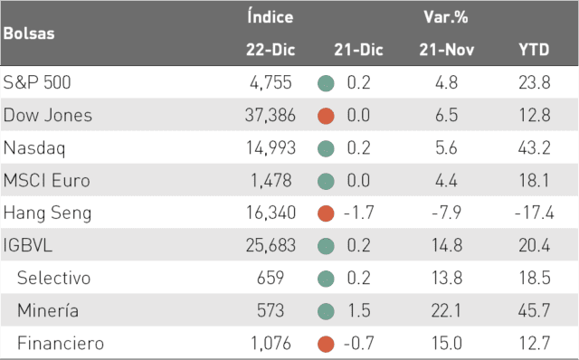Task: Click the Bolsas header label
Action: (x=29, y=33)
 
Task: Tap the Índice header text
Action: (x=271, y=16)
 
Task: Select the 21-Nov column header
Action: (x=446, y=50)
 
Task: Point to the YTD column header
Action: (x=534, y=50)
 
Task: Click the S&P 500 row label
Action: (x=37, y=82)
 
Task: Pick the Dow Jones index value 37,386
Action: (x=271, y=115)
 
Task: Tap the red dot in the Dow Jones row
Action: (x=326, y=116)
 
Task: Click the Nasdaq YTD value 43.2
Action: (x=534, y=147)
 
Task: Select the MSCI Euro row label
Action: (x=46, y=181)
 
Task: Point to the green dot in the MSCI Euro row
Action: (x=326, y=181)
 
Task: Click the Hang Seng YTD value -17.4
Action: (x=534, y=213)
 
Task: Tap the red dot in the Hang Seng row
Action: (x=326, y=213)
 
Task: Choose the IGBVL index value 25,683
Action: (x=271, y=245)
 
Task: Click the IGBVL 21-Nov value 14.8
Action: (x=447, y=245)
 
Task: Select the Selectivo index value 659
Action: (x=271, y=278)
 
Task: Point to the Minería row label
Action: (x=48, y=309)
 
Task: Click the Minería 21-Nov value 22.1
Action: (x=446, y=310)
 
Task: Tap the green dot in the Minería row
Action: (x=326, y=311)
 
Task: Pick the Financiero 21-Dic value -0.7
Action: (x=358, y=343)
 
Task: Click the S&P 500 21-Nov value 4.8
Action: (x=446, y=82)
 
